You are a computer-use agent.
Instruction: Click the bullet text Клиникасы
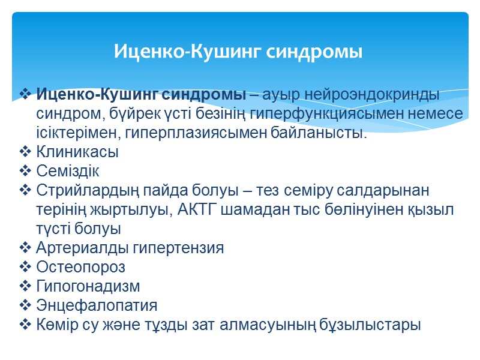coord(77,152)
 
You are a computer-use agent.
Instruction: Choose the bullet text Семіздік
coord(68,171)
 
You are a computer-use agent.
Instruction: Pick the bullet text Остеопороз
coord(81,267)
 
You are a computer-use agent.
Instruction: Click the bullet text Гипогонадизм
coord(88,286)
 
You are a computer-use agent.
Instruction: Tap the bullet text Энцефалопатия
coord(97,305)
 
